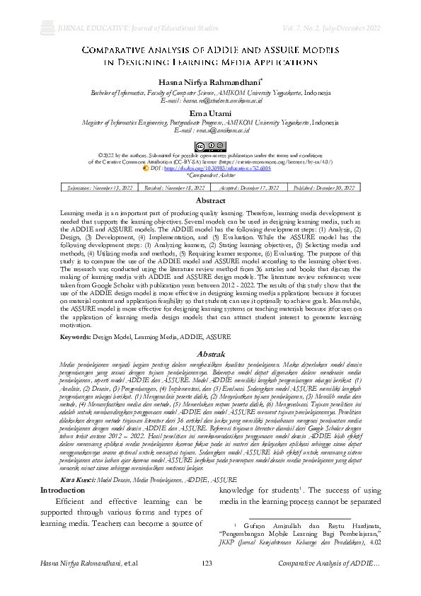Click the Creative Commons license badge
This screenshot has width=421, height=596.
click(210, 146)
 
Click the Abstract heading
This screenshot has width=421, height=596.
click(210, 202)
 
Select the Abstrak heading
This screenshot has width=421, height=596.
click(210, 353)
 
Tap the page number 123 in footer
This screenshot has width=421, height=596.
click(207, 583)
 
